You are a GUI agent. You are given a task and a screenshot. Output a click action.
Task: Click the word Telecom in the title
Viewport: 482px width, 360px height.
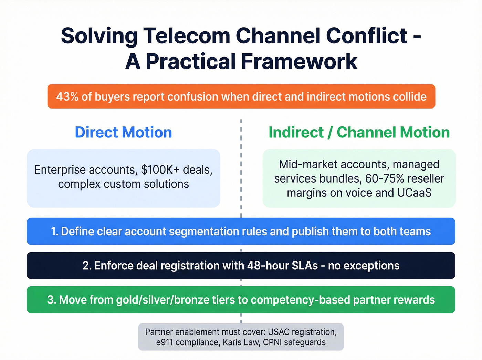(186, 36)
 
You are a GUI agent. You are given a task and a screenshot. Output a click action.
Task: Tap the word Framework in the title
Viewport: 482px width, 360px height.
(299, 62)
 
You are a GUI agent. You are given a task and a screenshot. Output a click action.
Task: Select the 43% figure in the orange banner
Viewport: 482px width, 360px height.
(67, 97)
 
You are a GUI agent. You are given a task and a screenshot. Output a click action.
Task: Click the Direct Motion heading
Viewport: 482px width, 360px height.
(123, 132)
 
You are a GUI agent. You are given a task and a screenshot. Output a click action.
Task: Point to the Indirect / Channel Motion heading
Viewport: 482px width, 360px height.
(359, 132)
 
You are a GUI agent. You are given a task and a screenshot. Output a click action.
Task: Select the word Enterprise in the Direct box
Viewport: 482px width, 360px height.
(60, 170)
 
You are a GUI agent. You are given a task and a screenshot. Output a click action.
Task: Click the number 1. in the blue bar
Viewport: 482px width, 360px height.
(55, 232)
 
